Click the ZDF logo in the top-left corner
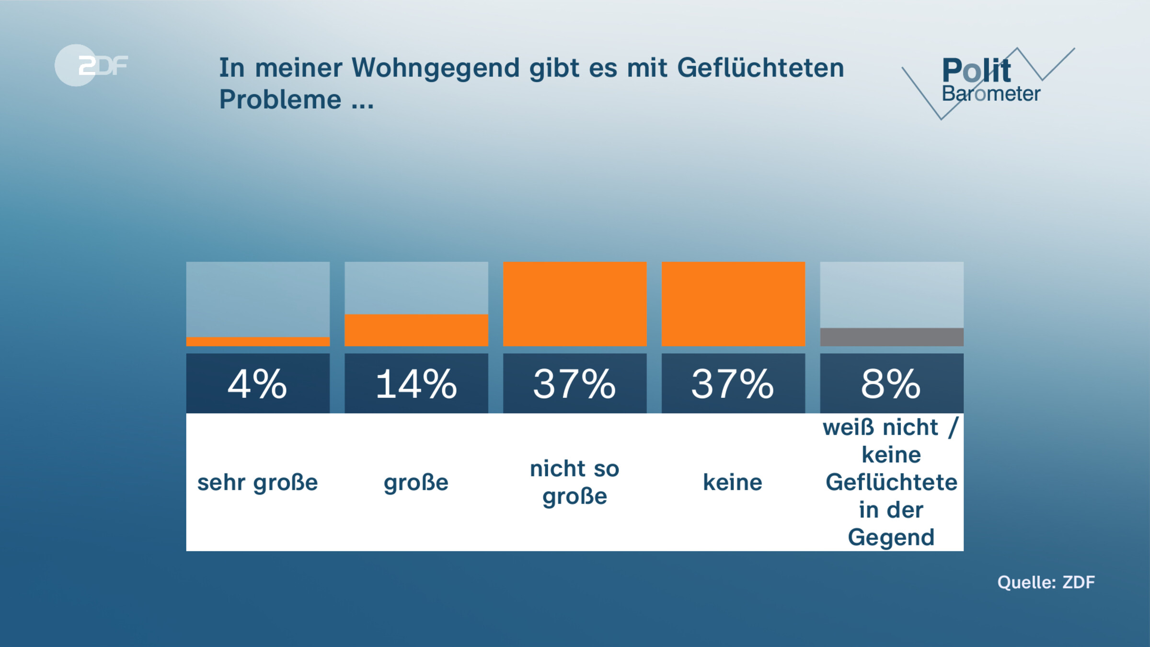click(x=91, y=66)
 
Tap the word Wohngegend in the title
click(x=436, y=68)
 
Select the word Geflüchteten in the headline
click(x=760, y=68)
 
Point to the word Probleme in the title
click(x=280, y=100)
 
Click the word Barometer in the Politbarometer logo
click(x=991, y=94)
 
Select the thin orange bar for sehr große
click(x=258, y=342)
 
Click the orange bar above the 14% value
click(x=416, y=330)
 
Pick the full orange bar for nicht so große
click(x=575, y=304)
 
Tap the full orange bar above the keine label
click(x=733, y=304)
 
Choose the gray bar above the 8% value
click(x=891, y=337)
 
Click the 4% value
click(x=258, y=384)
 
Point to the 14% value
click(x=416, y=384)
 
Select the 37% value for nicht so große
click(x=575, y=384)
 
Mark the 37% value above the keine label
click(x=733, y=384)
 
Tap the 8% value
click(x=891, y=384)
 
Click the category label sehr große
click(x=258, y=483)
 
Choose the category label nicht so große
click(x=575, y=482)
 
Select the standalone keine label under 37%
click(x=733, y=483)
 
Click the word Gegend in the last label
click(x=891, y=537)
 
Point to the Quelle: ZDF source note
click(x=1046, y=582)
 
